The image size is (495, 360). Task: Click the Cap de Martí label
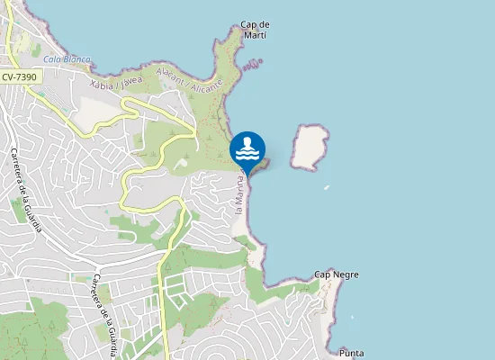256,30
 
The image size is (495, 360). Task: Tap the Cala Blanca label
67,59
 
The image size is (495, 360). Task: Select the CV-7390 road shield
19,78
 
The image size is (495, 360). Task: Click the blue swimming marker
247,149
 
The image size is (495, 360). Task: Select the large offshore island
310,146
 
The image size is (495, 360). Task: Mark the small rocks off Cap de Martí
255,63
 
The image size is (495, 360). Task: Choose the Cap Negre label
335,274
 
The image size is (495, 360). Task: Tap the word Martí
256,35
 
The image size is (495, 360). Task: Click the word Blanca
77,59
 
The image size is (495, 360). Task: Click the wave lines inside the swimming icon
247,153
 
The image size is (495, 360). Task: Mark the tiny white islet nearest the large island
326,187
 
